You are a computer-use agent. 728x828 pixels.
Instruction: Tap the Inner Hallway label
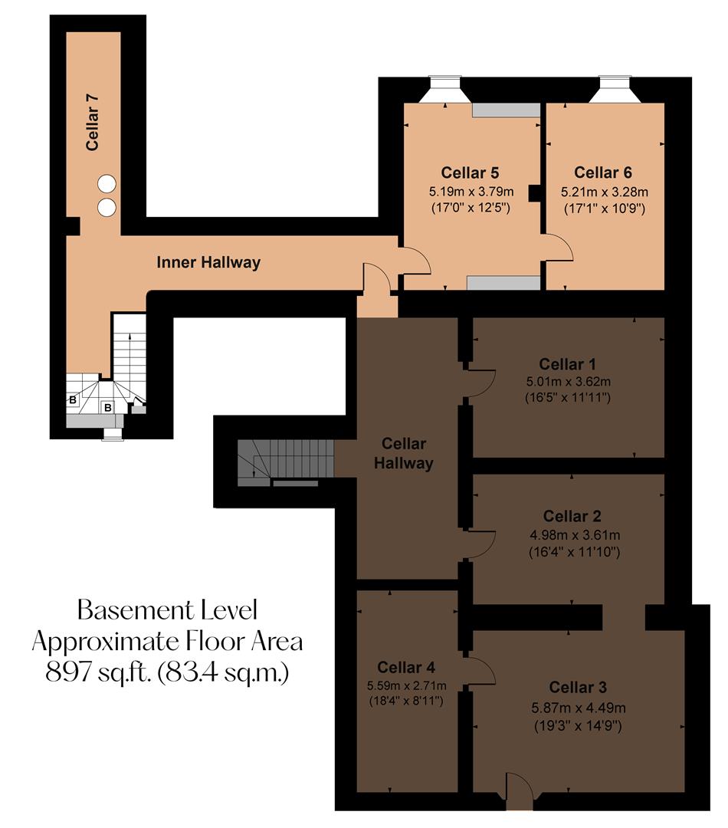(208, 263)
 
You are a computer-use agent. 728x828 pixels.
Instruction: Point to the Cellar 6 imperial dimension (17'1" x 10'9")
(604, 208)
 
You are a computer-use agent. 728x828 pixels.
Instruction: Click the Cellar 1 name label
(568, 364)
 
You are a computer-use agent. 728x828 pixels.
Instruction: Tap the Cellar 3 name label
(578, 687)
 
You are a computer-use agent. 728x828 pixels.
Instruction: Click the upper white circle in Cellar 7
(107, 184)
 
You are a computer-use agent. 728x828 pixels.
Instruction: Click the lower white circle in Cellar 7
(107, 206)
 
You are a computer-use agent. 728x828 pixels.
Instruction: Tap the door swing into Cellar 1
(480, 383)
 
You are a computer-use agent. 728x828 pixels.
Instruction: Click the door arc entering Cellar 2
(480, 543)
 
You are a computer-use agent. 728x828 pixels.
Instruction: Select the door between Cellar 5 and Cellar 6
(558, 249)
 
